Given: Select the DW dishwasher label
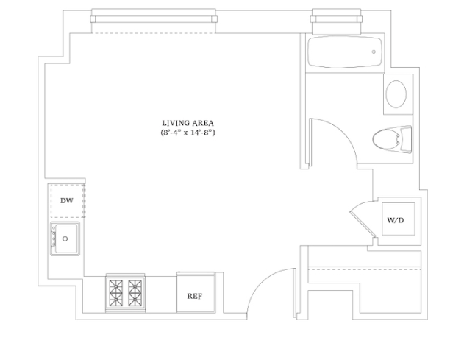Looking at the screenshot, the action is (x=67, y=200).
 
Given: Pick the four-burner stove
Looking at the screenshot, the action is (x=124, y=292).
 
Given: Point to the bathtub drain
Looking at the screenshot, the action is (x=374, y=52).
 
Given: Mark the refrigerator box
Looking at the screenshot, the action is (x=195, y=293).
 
